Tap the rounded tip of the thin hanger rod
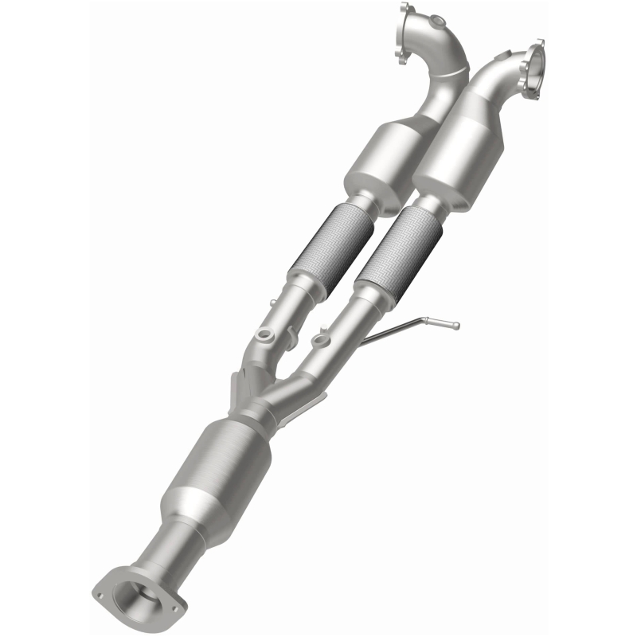(455, 325)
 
